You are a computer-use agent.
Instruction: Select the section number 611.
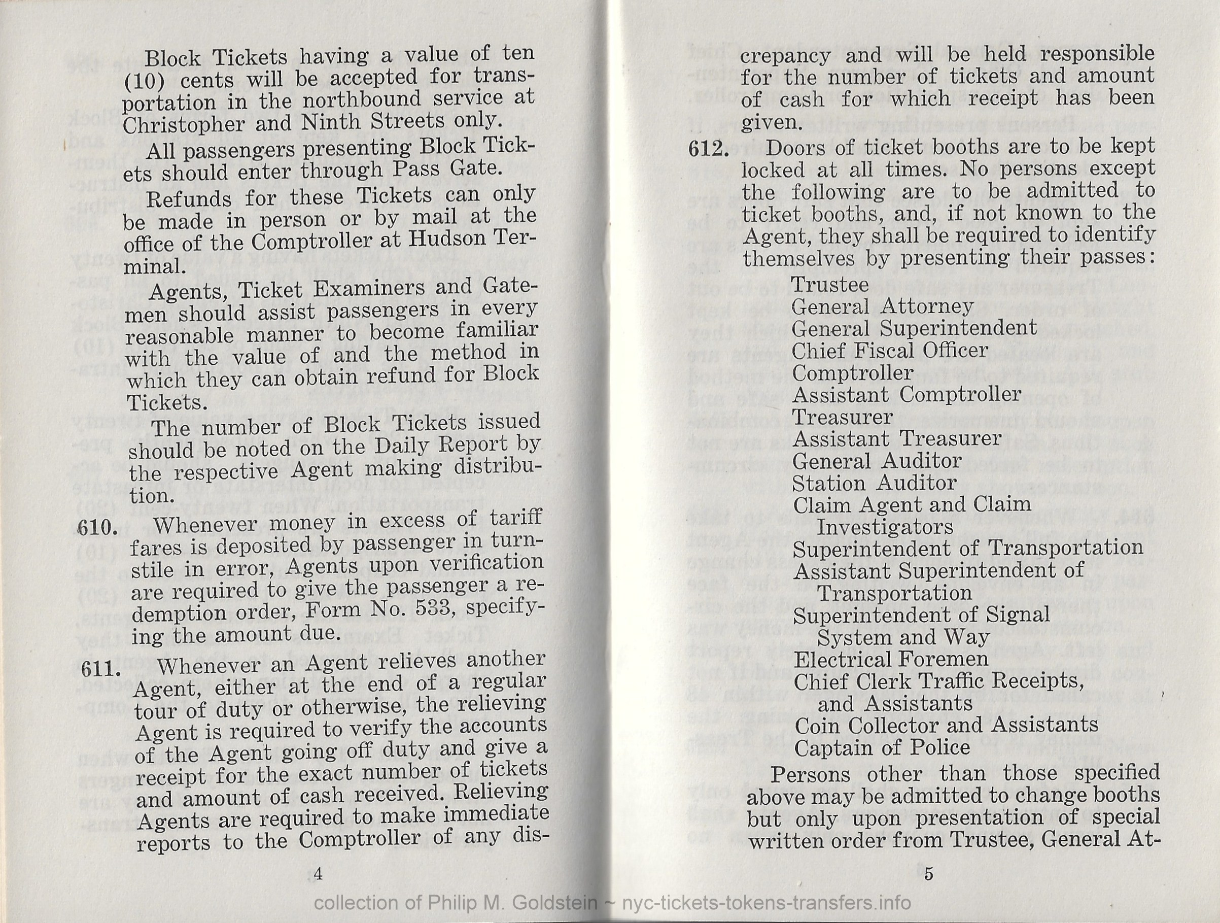tap(100, 669)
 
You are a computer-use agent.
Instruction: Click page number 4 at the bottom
tap(318, 874)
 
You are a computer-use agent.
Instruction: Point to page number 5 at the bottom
tap(929, 874)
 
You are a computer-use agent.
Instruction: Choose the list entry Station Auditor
tap(874, 483)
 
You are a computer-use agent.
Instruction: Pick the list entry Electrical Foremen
tap(891, 659)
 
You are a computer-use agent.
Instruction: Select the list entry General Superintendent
tap(914, 328)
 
